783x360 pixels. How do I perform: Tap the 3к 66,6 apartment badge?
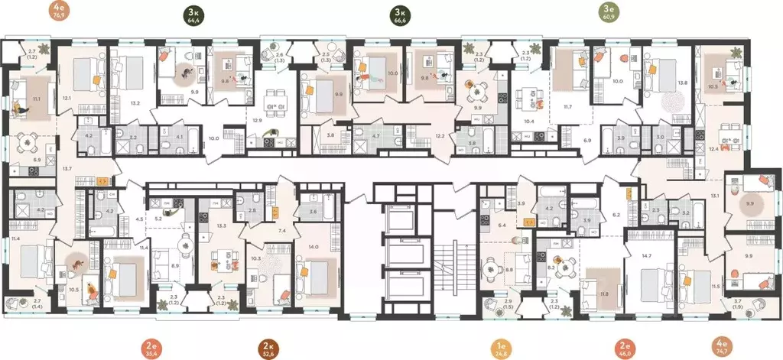coord(398,15)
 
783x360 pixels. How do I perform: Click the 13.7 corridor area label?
coord(67,167)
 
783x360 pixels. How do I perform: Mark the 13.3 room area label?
coord(222,225)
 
